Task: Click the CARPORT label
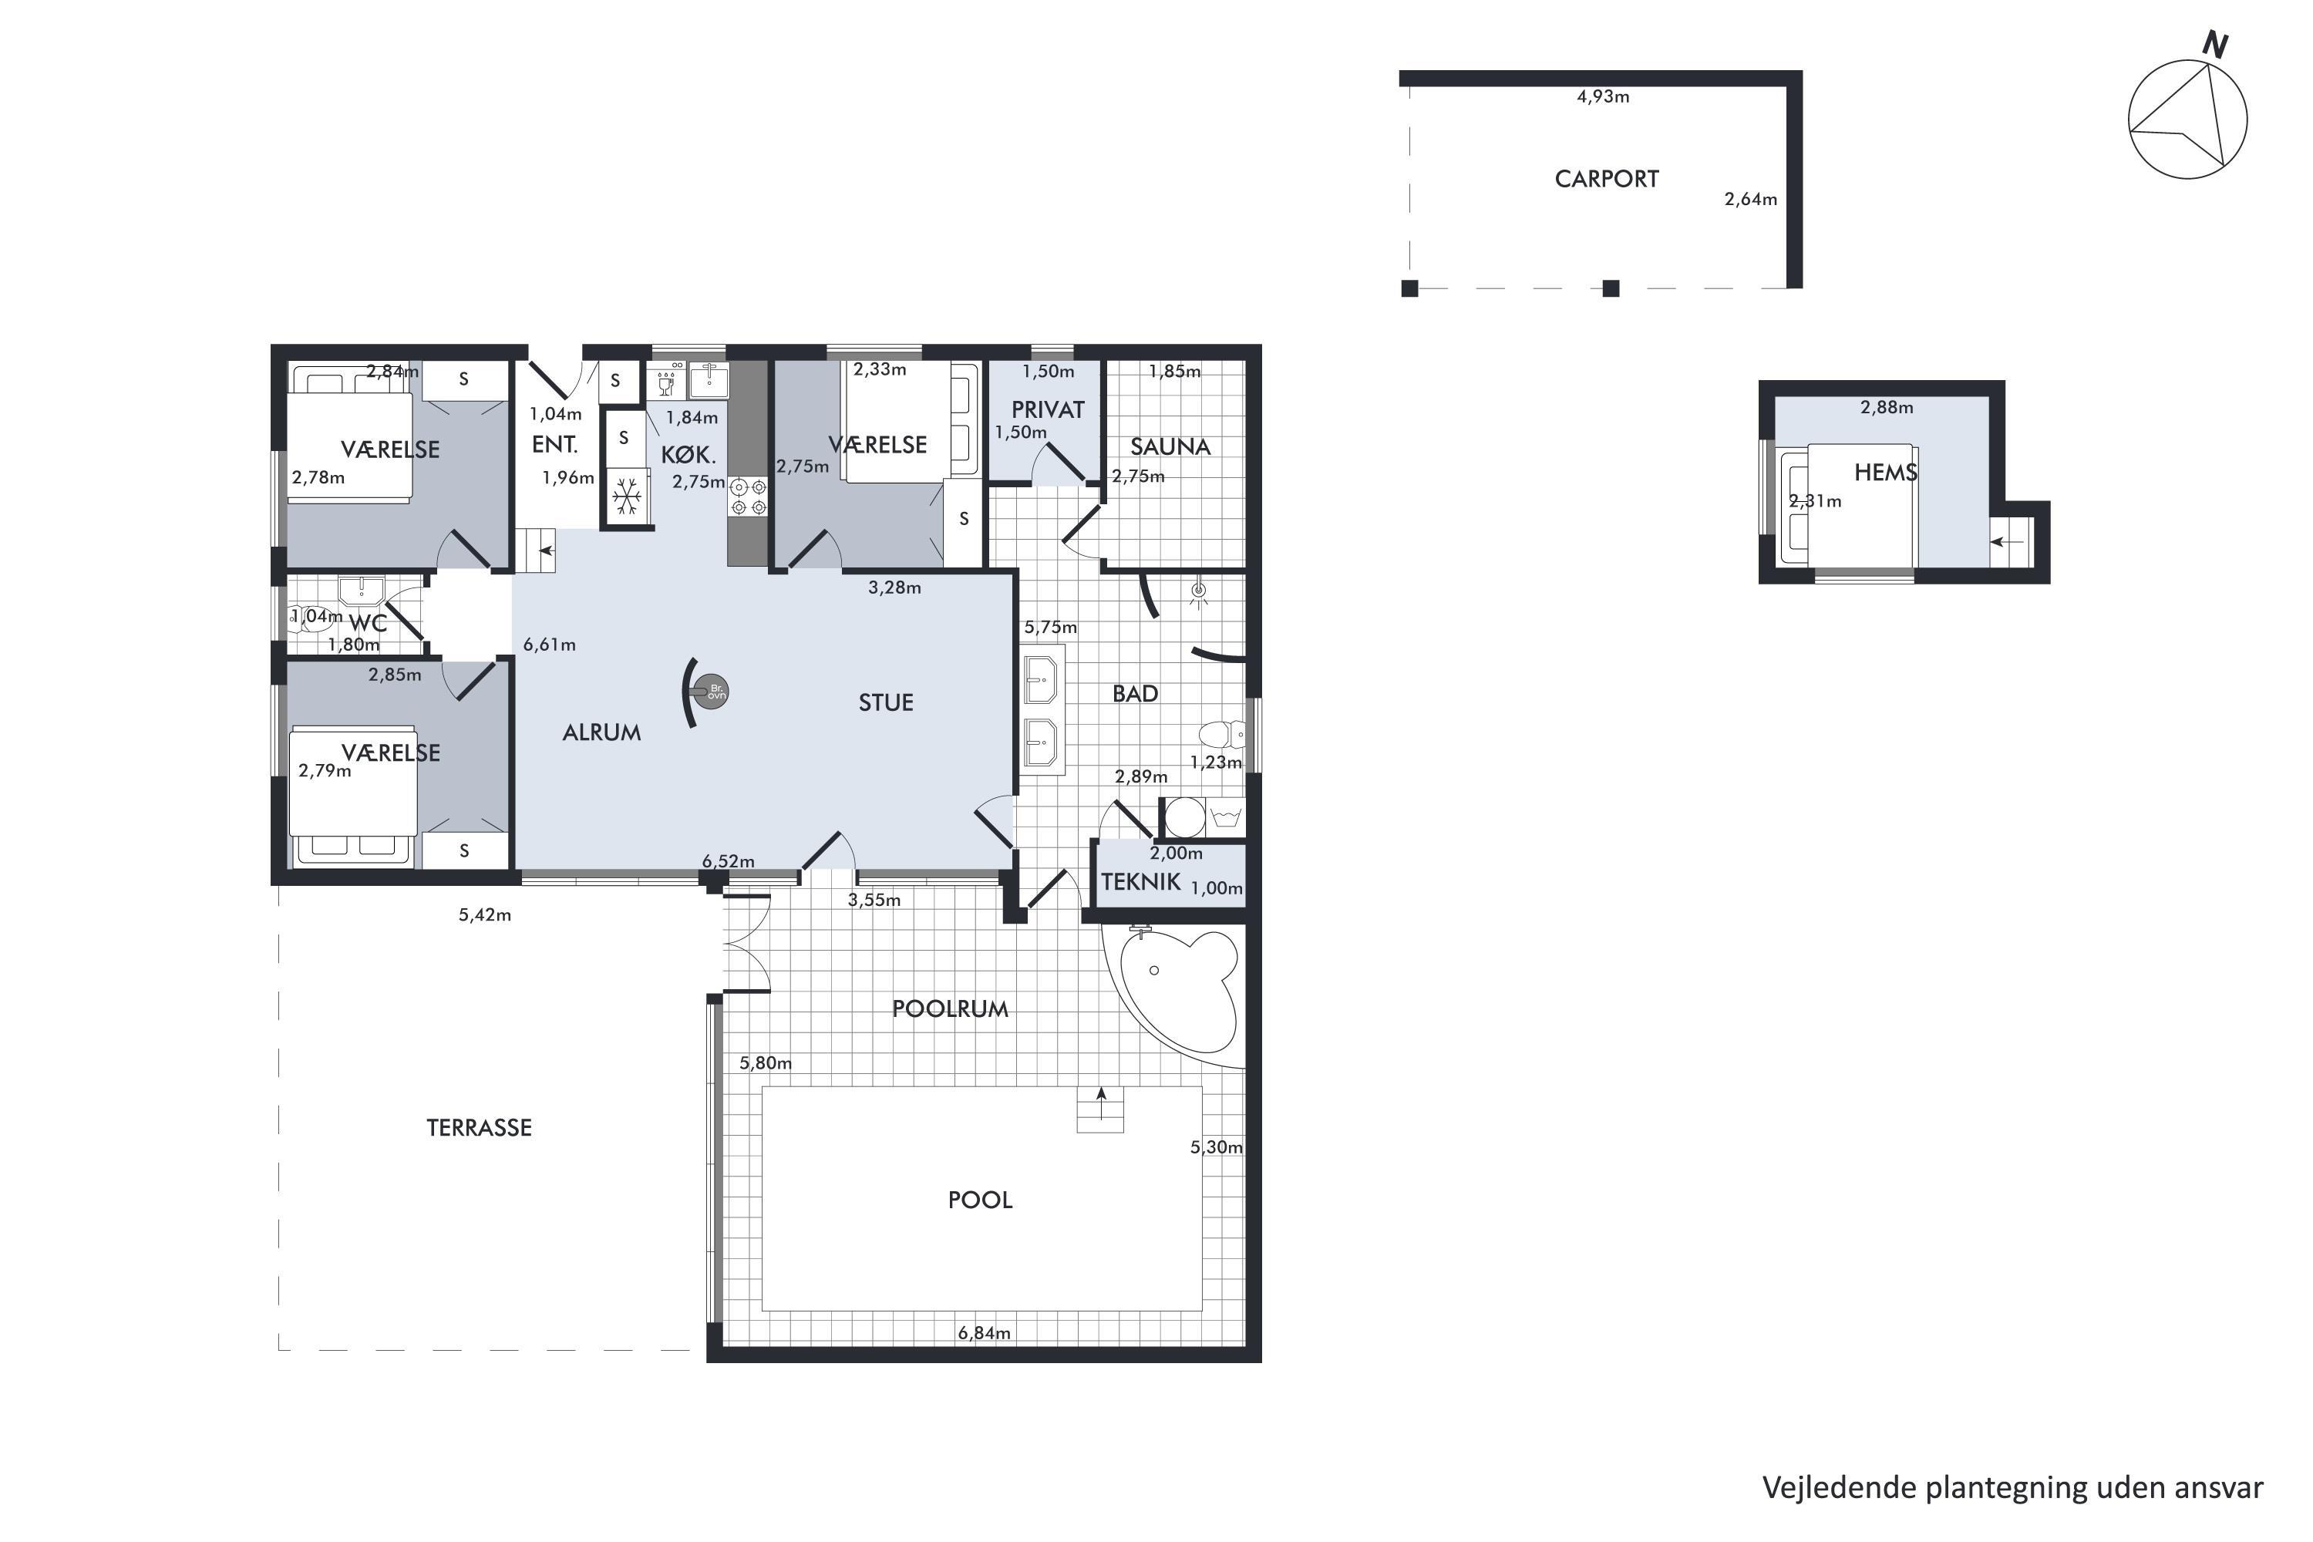(x=1606, y=179)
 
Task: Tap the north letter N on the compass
(x=2214, y=44)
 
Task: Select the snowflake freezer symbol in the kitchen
(x=626, y=497)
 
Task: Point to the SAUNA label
(x=1170, y=446)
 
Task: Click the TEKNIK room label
(x=1141, y=881)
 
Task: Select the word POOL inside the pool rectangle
(x=979, y=1200)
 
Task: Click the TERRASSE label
(x=479, y=1128)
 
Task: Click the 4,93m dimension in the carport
(x=1603, y=96)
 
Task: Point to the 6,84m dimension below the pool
(x=985, y=1334)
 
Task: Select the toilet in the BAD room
(x=1221, y=736)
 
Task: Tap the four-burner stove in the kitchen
(x=749, y=497)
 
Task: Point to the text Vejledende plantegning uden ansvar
(x=2013, y=1488)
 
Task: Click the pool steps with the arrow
(x=1102, y=1109)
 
